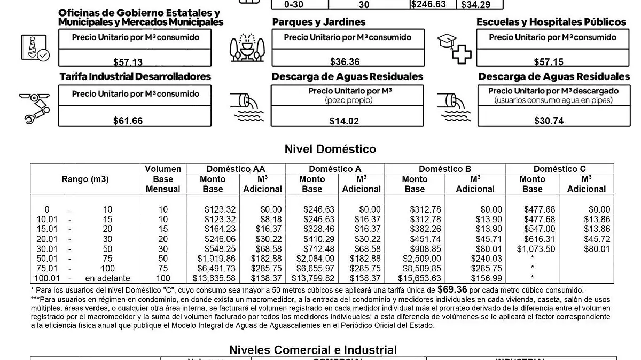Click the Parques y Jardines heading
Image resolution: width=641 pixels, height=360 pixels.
tap(319, 22)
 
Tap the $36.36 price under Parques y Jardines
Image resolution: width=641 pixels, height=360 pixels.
tap(345, 61)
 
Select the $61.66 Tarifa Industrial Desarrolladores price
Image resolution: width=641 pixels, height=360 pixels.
tap(128, 121)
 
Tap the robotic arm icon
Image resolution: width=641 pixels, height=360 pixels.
tap(34, 108)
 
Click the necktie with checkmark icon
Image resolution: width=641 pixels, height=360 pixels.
tap(35, 47)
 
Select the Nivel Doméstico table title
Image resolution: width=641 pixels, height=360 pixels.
tap(330, 149)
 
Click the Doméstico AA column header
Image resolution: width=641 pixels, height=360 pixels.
tap(236, 169)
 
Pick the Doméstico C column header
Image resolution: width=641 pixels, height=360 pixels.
tap(559, 169)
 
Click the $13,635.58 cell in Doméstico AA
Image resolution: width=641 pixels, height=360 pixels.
tap(213, 278)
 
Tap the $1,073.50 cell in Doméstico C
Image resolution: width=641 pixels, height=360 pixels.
tap(536, 249)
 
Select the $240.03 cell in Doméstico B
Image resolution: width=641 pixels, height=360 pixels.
tap(486, 259)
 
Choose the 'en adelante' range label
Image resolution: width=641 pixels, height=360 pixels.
tap(107, 278)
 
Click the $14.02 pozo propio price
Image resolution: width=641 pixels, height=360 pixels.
tap(344, 121)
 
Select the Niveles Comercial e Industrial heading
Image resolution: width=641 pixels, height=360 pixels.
tap(313, 350)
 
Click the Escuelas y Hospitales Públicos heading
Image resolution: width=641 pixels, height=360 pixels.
tap(551, 22)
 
